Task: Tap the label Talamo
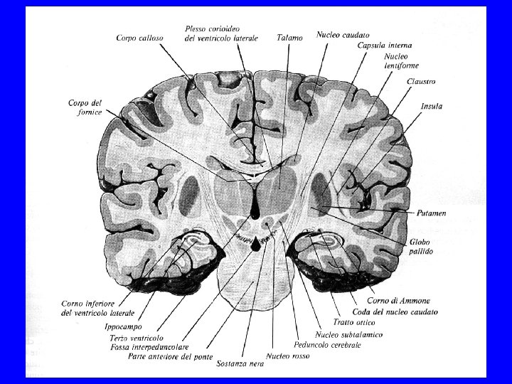pos(289,37)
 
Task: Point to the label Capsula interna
pos(384,45)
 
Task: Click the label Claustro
pos(421,81)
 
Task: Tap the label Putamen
pos(432,213)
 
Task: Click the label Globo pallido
pos(420,247)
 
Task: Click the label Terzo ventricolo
pos(138,338)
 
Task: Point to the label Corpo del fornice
pos(87,107)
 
